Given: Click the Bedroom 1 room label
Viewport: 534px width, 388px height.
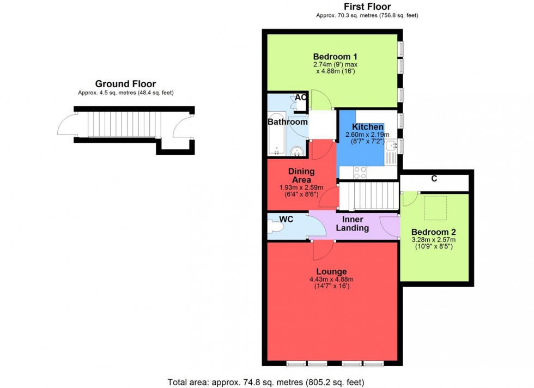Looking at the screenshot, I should [x=335, y=56].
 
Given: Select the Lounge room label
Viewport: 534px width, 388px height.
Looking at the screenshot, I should [x=331, y=271].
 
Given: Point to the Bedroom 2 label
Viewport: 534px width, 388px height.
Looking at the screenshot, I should [x=433, y=231].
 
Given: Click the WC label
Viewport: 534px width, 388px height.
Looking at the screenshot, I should [x=286, y=219].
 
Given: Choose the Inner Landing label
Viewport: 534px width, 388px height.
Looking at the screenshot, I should [x=352, y=224].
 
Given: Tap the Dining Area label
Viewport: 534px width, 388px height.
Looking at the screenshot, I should [x=301, y=175].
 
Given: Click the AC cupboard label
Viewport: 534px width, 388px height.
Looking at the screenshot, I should [x=300, y=98].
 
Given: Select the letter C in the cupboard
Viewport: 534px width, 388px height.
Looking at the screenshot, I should [x=434, y=179].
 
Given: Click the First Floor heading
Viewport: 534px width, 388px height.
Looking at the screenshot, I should [x=367, y=7].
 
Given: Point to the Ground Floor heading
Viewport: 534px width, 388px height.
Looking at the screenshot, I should [x=125, y=84].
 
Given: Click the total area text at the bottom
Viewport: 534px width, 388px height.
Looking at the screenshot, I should [x=266, y=382].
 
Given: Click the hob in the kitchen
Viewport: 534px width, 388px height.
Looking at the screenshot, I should [x=360, y=172].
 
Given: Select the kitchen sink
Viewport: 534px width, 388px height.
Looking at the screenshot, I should [x=391, y=145].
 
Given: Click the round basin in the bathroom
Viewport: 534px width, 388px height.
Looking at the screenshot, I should [x=297, y=151].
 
